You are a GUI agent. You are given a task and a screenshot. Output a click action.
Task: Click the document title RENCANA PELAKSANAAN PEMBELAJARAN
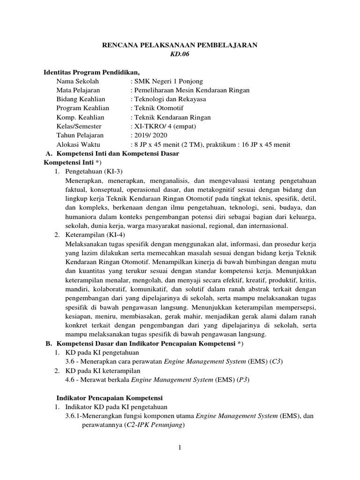[180, 45]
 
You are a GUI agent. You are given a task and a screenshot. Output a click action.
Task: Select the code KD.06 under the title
[180, 54]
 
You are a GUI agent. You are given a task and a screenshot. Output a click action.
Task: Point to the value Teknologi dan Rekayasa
[170, 99]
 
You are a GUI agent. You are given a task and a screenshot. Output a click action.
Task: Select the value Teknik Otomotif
[157, 108]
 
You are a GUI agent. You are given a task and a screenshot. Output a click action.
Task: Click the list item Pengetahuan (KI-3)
[94, 172]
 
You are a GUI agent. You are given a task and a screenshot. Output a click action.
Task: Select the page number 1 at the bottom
[180, 448]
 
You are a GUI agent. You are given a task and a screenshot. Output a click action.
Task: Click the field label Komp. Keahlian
[80, 118]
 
